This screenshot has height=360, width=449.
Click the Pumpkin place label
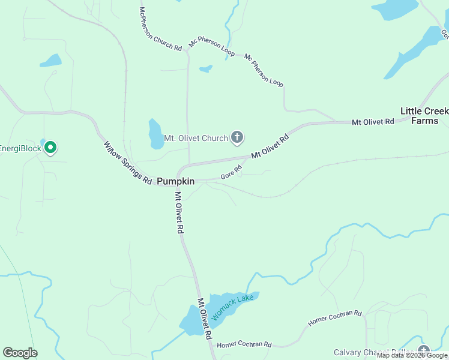pyautogui.click(x=175, y=181)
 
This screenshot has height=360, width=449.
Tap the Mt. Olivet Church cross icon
pyautogui.click(x=237, y=138)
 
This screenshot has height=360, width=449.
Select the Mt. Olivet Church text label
pyautogui.click(x=196, y=139)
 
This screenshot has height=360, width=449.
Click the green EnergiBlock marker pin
pyautogui.click(x=51, y=147)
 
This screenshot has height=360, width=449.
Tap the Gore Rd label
pyautogui.click(x=231, y=172)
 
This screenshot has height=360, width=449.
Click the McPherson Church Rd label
pyautogui.click(x=160, y=29)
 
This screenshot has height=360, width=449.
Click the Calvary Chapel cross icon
pyautogui.click(x=424, y=351)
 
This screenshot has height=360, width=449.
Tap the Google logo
pyautogui.click(x=20, y=353)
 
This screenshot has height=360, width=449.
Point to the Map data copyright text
pyautogui.click(x=412, y=355)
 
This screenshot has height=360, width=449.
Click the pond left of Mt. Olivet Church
pyautogui.click(x=156, y=134)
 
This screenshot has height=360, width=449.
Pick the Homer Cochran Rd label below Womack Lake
pyautogui.click(x=244, y=345)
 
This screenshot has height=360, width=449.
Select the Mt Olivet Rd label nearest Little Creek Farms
pyautogui.click(x=373, y=122)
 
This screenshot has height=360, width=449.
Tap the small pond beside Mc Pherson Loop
pyautogui.click(x=206, y=68)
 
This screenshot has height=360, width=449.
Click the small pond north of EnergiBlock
pyautogui.click(x=50, y=61)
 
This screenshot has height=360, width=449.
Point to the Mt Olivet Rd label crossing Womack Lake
pyautogui.click(x=205, y=318)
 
